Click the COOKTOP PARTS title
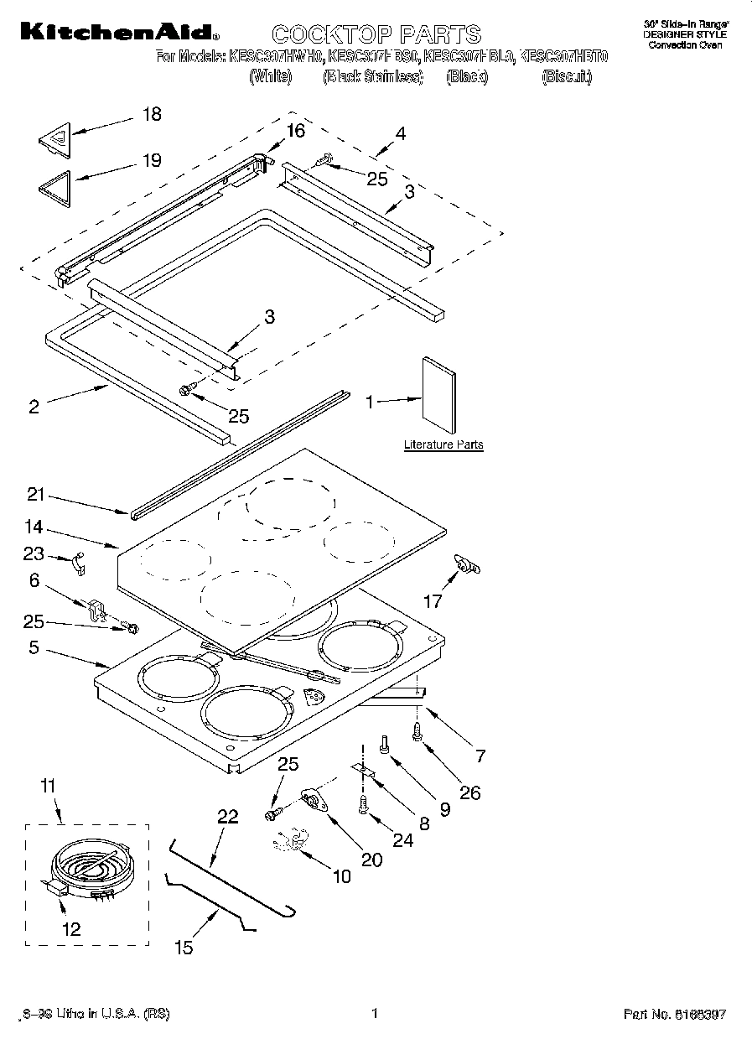point(376,34)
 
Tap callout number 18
point(152,114)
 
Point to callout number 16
point(295,130)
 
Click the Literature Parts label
point(443,444)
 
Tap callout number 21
point(34,495)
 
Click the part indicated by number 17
point(466,568)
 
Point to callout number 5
point(34,647)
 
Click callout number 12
point(71,928)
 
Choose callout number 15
point(183,947)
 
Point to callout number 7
point(480,756)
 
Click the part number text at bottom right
point(675,1014)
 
